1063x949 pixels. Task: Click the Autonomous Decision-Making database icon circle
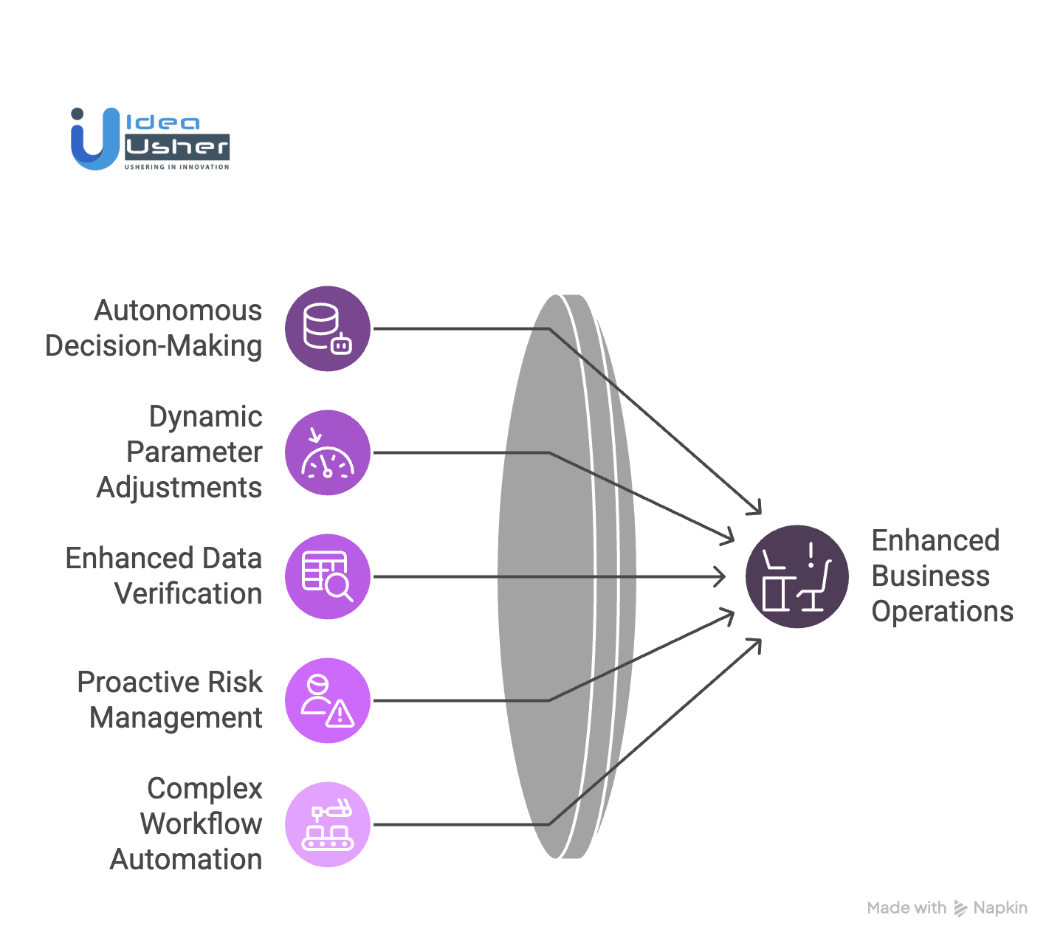click(x=328, y=328)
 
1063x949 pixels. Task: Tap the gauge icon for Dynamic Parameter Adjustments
click(x=328, y=452)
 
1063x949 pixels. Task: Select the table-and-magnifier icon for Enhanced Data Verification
click(x=328, y=576)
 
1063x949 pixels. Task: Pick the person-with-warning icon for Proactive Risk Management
click(x=328, y=700)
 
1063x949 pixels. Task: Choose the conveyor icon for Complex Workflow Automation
click(x=328, y=824)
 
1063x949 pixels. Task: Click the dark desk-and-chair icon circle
click(x=797, y=576)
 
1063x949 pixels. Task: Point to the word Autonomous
click(x=178, y=311)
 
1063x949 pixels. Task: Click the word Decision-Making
click(x=154, y=346)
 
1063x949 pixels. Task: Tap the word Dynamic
click(x=205, y=417)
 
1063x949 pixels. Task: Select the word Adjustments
click(x=179, y=488)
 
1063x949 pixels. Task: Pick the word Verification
click(x=188, y=594)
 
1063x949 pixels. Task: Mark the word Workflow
click(x=201, y=824)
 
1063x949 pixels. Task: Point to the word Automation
click(x=186, y=860)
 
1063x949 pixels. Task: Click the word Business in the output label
click(x=931, y=576)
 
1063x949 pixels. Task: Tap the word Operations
click(x=943, y=612)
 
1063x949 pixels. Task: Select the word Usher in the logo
click(x=177, y=147)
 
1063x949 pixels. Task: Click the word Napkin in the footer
click(x=1000, y=908)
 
